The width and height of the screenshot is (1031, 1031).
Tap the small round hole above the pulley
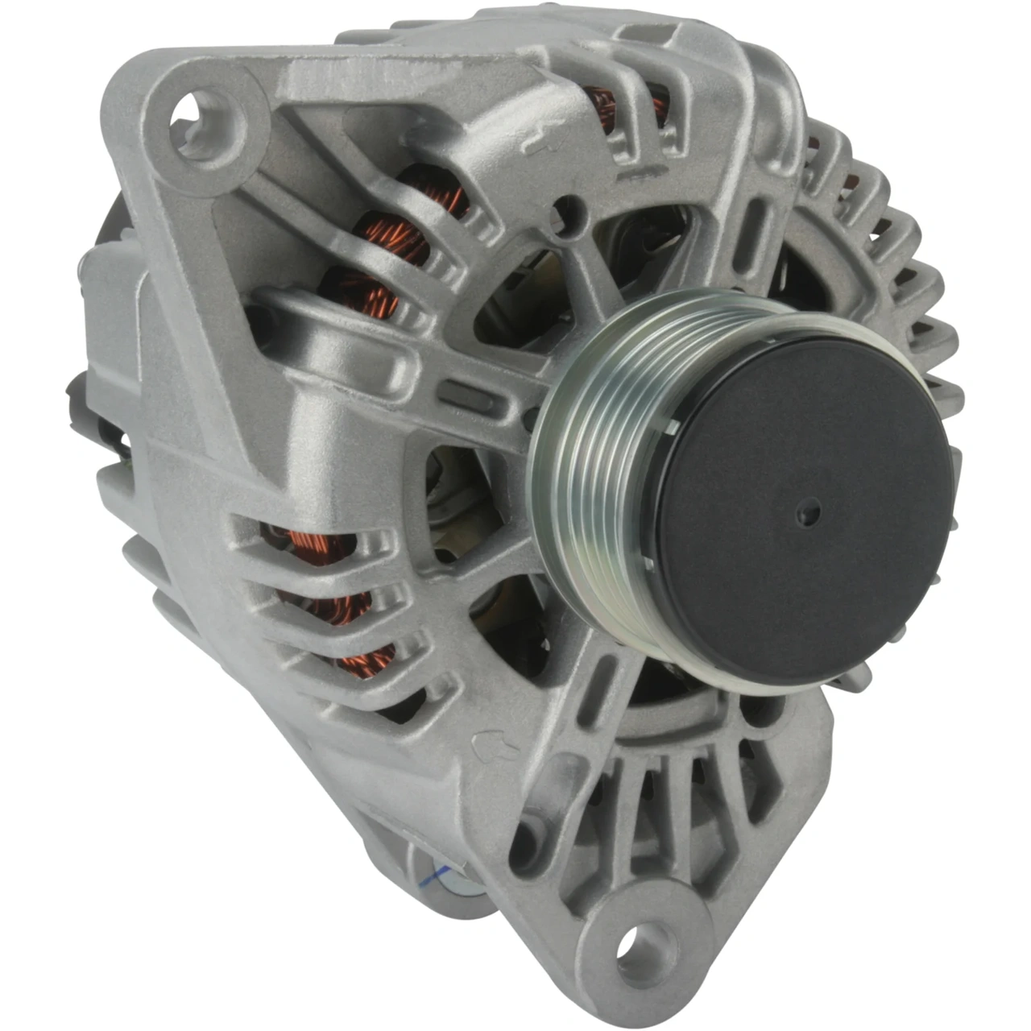click(x=569, y=211)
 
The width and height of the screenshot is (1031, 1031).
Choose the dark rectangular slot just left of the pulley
click(x=467, y=395)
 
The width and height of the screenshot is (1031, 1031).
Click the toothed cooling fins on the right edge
click(x=910, y=266)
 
